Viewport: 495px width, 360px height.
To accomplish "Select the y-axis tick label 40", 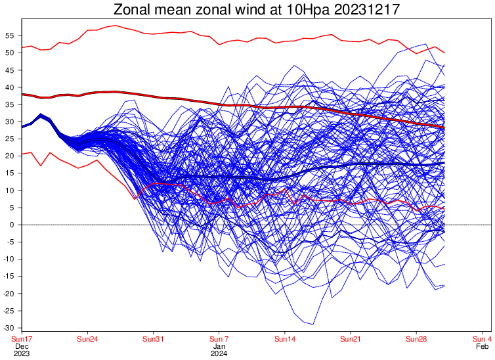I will pos(11,87).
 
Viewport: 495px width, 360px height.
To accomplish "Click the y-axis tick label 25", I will pos(11,139).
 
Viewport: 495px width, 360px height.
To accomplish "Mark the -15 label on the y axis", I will pos(10,276).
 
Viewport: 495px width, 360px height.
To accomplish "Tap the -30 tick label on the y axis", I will pos(10,328).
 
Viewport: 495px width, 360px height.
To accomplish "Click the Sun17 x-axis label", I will pos(21,339).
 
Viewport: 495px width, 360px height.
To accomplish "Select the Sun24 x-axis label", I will pos(87,339).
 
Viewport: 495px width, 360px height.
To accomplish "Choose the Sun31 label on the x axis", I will pos(153,339).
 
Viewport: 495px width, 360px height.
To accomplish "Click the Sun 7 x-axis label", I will pos(219,339).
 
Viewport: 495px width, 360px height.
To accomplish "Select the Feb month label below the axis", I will pos(482,346).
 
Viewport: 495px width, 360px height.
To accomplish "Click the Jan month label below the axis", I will pos(219,346).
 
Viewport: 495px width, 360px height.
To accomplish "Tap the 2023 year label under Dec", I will pos(21,353).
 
